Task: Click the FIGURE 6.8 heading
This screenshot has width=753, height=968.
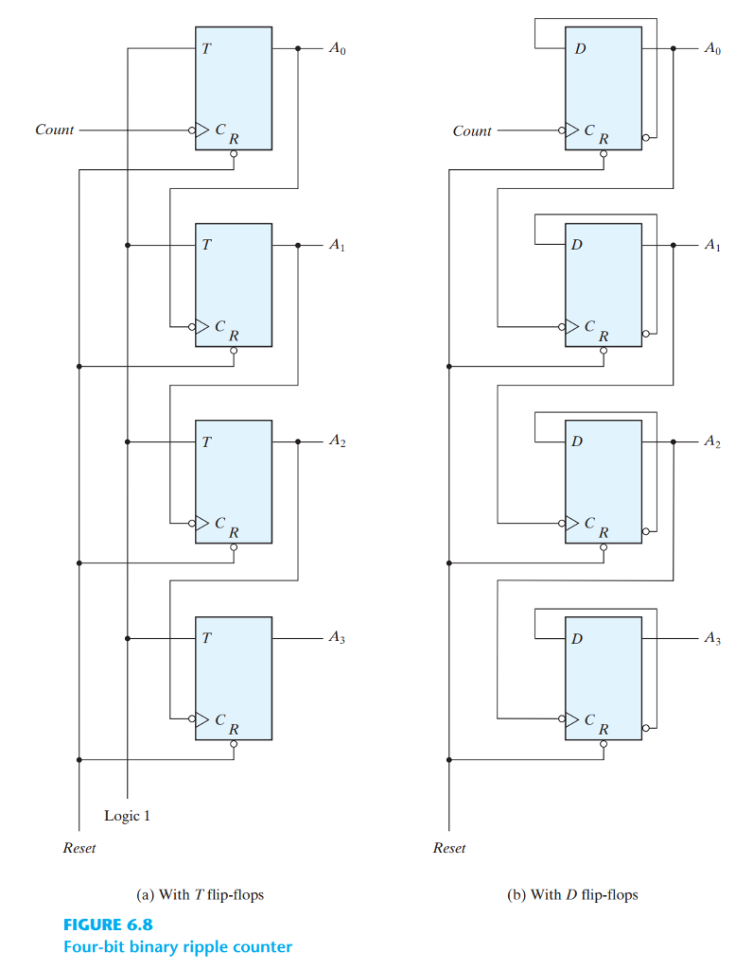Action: pyautogui.click(x=108, y=924)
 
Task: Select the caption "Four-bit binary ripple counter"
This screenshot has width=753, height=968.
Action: pyautogui.click(x=177, y=946)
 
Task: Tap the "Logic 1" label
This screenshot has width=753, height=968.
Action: pyautogui.click(x=127, y=815)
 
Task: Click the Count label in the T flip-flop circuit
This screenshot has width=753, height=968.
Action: pyautogui.click(x=54, y=130)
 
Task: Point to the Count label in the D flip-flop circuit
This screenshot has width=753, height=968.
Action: pyautogui.click(x=472, y=131)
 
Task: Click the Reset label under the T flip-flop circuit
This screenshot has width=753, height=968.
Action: pyautogui.click(x=79, y=848)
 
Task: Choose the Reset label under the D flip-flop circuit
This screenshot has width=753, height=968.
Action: pyautogui.click(x=448, y=848)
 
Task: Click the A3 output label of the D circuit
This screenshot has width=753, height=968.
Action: pyautogui.click(x=711, y=639)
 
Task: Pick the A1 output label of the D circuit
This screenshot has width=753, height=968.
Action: pyautogui.click(x=711, y=245)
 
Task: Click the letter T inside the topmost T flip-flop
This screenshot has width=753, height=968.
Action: pyautogui.click(x=205, y=48)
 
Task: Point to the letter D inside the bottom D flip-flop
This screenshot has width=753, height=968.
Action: pyautogui.click(x=576, y=639)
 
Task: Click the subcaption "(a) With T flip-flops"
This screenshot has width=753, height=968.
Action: pyautogui.click(x=201, y=894)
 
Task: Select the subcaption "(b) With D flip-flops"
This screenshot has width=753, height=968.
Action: pyautogui.click(x=572, y=894)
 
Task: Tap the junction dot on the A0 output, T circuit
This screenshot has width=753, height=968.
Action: pyautogui.click(x=298, y=48)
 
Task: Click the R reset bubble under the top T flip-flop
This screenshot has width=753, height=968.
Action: pyautogui.click(x=234, y=154)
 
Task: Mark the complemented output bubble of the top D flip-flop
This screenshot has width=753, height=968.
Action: pyautogui.click(x=645, y=137)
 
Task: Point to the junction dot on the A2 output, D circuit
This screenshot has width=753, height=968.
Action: pyautogui.click(x=673, y=441)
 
